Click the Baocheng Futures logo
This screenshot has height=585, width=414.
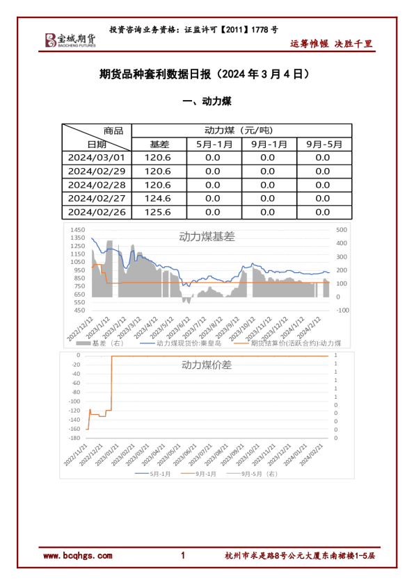tap(70, 40)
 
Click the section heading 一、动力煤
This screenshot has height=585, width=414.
tap(207, 101)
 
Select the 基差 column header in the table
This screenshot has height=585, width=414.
tap(159, 145)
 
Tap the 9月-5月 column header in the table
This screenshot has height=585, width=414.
tap(324, 145)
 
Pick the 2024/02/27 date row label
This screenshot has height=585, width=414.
tap(97, 199)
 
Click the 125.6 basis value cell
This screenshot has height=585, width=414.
tap(157, 213)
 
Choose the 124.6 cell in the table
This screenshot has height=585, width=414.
tap(157, 199)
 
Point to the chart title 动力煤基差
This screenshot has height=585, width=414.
tap(207, 236)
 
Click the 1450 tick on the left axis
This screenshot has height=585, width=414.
tap(77, 230)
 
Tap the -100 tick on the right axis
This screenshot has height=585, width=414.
tap(342, 311)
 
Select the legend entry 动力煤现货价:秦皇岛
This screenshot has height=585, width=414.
tap(180, 343)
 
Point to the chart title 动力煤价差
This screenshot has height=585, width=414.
tap(207, 364)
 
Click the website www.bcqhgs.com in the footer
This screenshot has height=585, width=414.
tap(77, 556)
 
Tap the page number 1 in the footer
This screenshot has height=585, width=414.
tap(183, 556)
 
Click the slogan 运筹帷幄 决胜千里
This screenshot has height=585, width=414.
tap(331, 44)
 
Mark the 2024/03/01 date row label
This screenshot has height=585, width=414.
tap(97, 158)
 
